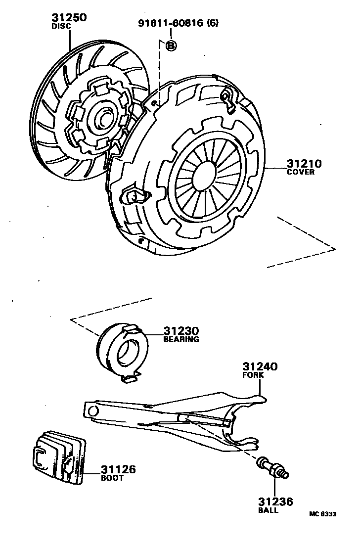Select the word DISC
click(x=61, y=26)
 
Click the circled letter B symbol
click(x=171, y=45)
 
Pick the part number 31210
click(x=303, y=164)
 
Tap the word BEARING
click(x=181, y=340)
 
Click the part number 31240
click(x=260, y=366)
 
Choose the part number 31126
click(x=118, y=470)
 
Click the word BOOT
click(x=112, y=478)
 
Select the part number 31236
click(x=275, y=502)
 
